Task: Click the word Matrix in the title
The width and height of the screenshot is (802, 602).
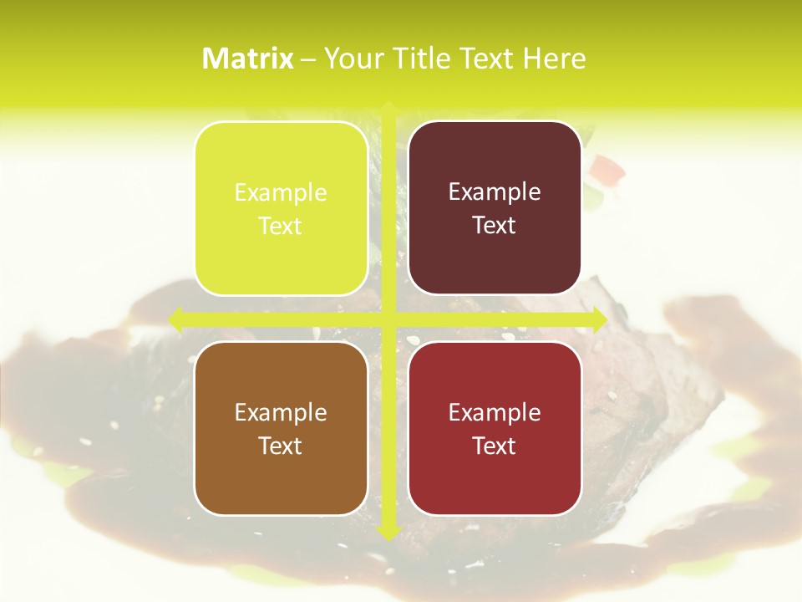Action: click(x=248, y=59)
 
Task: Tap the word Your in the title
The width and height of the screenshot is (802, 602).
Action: click(x=351, y=59)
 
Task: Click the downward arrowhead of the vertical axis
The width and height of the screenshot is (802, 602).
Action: click(x=388, y=533)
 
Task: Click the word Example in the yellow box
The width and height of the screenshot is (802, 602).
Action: click(x=281, y=193)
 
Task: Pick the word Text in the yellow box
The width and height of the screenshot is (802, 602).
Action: click(x=281, y=226)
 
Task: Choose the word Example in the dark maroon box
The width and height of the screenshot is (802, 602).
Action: click(x=495, y=192)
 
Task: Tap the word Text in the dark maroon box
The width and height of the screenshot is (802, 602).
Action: click(x=495, y=225)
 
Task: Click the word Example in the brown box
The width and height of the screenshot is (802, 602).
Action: click(x=281, y=413)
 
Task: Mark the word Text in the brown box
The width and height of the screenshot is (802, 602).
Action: click(x=281, y=446)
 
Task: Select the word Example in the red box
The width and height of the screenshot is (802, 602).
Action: click(x=495, y=413)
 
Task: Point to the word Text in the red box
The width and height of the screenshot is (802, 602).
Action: click(x=495, y=446)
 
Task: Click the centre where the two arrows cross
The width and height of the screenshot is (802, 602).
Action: click(x=388, y=319)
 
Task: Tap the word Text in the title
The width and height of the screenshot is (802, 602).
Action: click(x=489, y=59)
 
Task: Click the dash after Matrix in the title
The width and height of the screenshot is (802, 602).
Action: click(x=308, y=59)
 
